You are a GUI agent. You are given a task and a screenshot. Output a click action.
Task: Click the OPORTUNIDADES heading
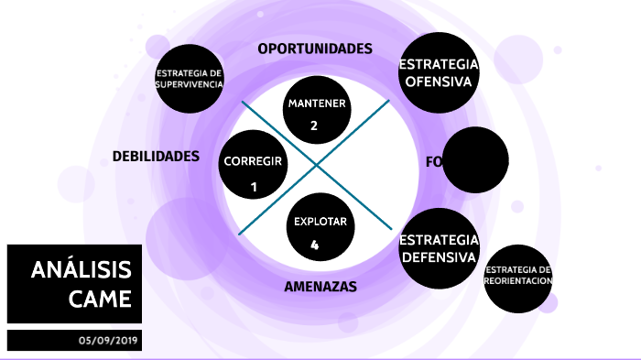point(315,49)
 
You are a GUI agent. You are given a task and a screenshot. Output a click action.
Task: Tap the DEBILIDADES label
point(156,157)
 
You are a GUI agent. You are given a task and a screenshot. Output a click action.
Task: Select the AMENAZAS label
point(320,287)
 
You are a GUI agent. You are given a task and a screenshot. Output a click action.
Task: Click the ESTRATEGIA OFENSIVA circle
point(439,72)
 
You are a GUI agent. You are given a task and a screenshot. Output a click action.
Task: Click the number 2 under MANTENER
point(314,125)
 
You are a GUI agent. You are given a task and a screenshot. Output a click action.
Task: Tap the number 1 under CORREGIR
point(254,187)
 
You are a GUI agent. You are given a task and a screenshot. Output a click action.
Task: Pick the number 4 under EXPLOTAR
point(314,245)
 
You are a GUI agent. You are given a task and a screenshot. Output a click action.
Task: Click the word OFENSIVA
point(439,82)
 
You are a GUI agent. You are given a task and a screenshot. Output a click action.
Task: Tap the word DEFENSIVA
point(439,256)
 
